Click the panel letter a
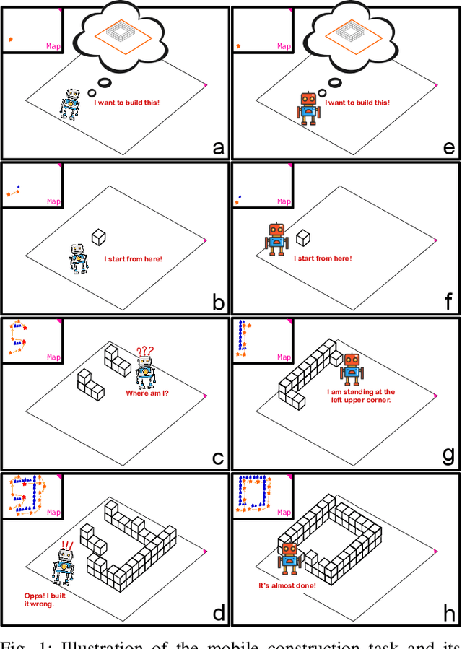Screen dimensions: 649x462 [218, 148]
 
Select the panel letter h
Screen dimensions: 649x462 [449, 614]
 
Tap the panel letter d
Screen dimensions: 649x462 [218, 614]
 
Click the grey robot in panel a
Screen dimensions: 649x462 [70, 104]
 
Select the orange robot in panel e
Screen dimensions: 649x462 [308, 108]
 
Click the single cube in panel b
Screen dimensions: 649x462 [99, 235]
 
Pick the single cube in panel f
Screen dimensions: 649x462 [304, 237]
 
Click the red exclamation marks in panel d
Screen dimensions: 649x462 [68, 546]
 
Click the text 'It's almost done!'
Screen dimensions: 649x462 [287, 585]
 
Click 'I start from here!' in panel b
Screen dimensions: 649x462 [133, 259]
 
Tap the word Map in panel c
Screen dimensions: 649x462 [53, 357]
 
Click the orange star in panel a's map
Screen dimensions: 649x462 [10, 40]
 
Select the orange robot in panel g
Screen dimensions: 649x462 [352, 369]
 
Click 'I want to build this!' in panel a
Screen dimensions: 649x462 [126, 103]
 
